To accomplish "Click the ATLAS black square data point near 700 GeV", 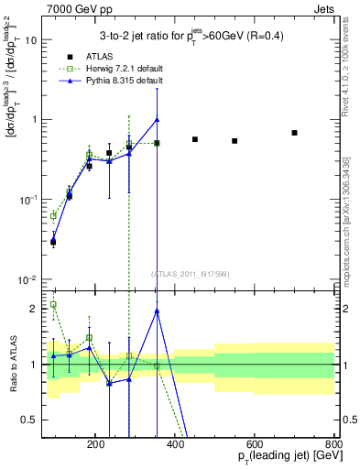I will click(x=294, y=133).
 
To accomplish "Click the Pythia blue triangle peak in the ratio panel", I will click(x=158, y=311).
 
